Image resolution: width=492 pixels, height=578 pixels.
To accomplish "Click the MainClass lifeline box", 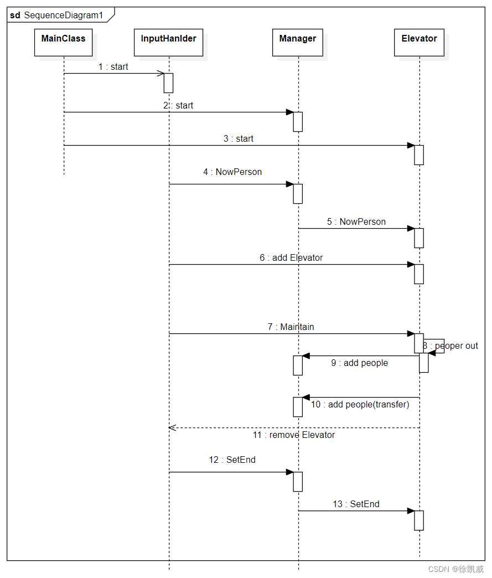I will pos(63,43).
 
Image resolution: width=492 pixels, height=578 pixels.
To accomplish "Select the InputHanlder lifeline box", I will pos(168,43).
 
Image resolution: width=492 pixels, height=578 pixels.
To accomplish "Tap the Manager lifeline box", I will pos(297,43).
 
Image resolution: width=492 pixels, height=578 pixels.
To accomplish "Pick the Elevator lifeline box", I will pos(419,43).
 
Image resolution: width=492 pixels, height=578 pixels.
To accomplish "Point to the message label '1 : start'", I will pos(113,67).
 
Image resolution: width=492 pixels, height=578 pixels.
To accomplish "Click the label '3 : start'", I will pos(238,138).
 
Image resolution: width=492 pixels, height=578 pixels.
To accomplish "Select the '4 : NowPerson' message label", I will pos(232,172).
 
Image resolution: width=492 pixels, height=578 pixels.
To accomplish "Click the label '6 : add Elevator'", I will pos(291,257).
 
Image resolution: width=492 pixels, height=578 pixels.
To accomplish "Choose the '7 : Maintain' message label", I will pos(291,327).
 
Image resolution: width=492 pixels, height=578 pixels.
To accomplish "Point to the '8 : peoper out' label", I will pos(450,346).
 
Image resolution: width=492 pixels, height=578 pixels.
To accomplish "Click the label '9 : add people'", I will pos(359,363).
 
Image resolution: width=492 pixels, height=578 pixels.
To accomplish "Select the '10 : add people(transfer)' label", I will pos(360,405).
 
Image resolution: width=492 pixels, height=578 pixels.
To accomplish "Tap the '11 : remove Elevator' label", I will pos(293,435).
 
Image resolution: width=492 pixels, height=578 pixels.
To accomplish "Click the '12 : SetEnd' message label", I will pos(232,460).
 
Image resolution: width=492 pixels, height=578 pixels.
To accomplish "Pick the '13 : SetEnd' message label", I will pos(356,504).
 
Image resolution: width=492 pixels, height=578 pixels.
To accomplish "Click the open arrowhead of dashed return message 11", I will pos(172,427).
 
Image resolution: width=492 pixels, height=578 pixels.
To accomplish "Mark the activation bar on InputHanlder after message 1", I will pos(168,83).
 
